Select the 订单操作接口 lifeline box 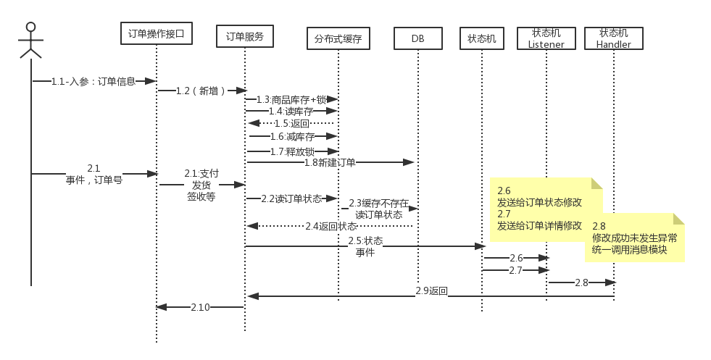(x=156, y=33)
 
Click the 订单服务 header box (x=245, y=35)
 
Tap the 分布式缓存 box (x=338, y=38)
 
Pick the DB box (x=418, y=38)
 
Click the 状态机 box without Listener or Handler (x=482, y=38)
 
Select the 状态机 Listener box (x=546, y=38)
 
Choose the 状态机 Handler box (x=613, y=38)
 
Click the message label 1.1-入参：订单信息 (x=93, y=81)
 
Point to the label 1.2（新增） (x=201, y=91)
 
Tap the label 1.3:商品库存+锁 (x=291, y=99)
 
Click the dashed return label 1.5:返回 (x=291, y=123)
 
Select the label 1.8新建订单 (x=330, y=162)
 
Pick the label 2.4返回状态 (x=330, y=226)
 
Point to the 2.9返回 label (x=432, y=291)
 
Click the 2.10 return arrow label (x=200, y=307)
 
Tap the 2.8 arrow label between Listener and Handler (x=581, y=282)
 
